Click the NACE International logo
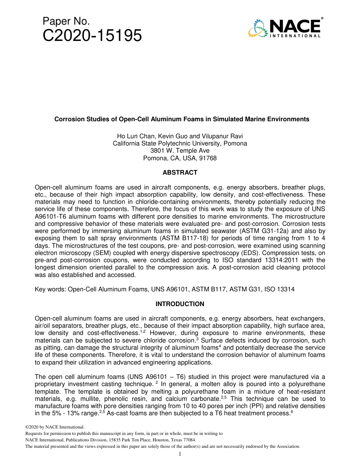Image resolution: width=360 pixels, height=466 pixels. tap(285, 28)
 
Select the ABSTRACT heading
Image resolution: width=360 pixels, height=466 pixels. tap(180, 173)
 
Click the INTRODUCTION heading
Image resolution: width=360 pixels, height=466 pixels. tap(180, 304)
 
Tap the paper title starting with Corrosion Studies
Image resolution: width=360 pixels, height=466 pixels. tap(182, 119)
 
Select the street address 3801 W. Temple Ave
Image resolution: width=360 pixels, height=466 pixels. tap(180, 151)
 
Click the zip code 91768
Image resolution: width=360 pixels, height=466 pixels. tap(208, 158)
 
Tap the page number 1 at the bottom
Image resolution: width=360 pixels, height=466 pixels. tap(180, 454)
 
